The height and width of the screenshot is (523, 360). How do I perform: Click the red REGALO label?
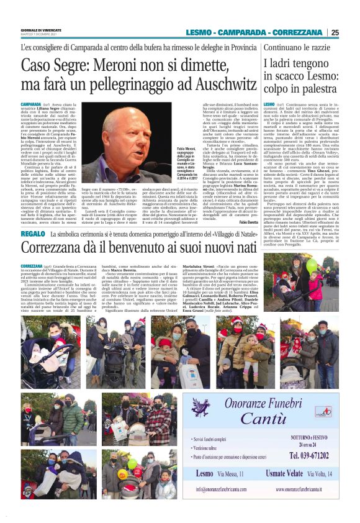tap(32, 234)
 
